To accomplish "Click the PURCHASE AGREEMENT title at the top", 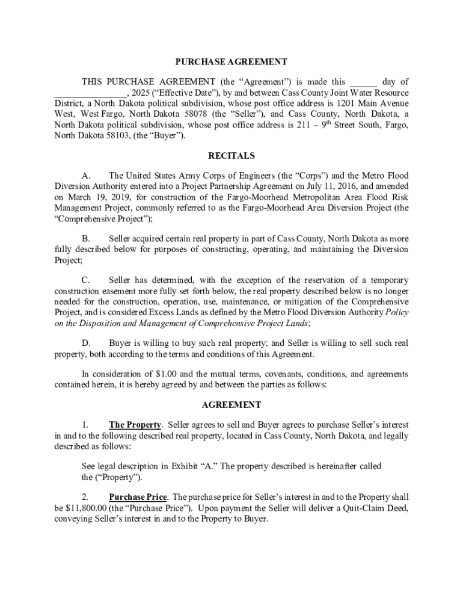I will (231, 62).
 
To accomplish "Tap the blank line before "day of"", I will (364, 82).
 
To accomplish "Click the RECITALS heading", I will (231, 156).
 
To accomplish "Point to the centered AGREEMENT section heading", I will (231, 405).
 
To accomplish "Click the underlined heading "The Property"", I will (135, 425).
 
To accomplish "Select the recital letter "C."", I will (86, 280).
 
